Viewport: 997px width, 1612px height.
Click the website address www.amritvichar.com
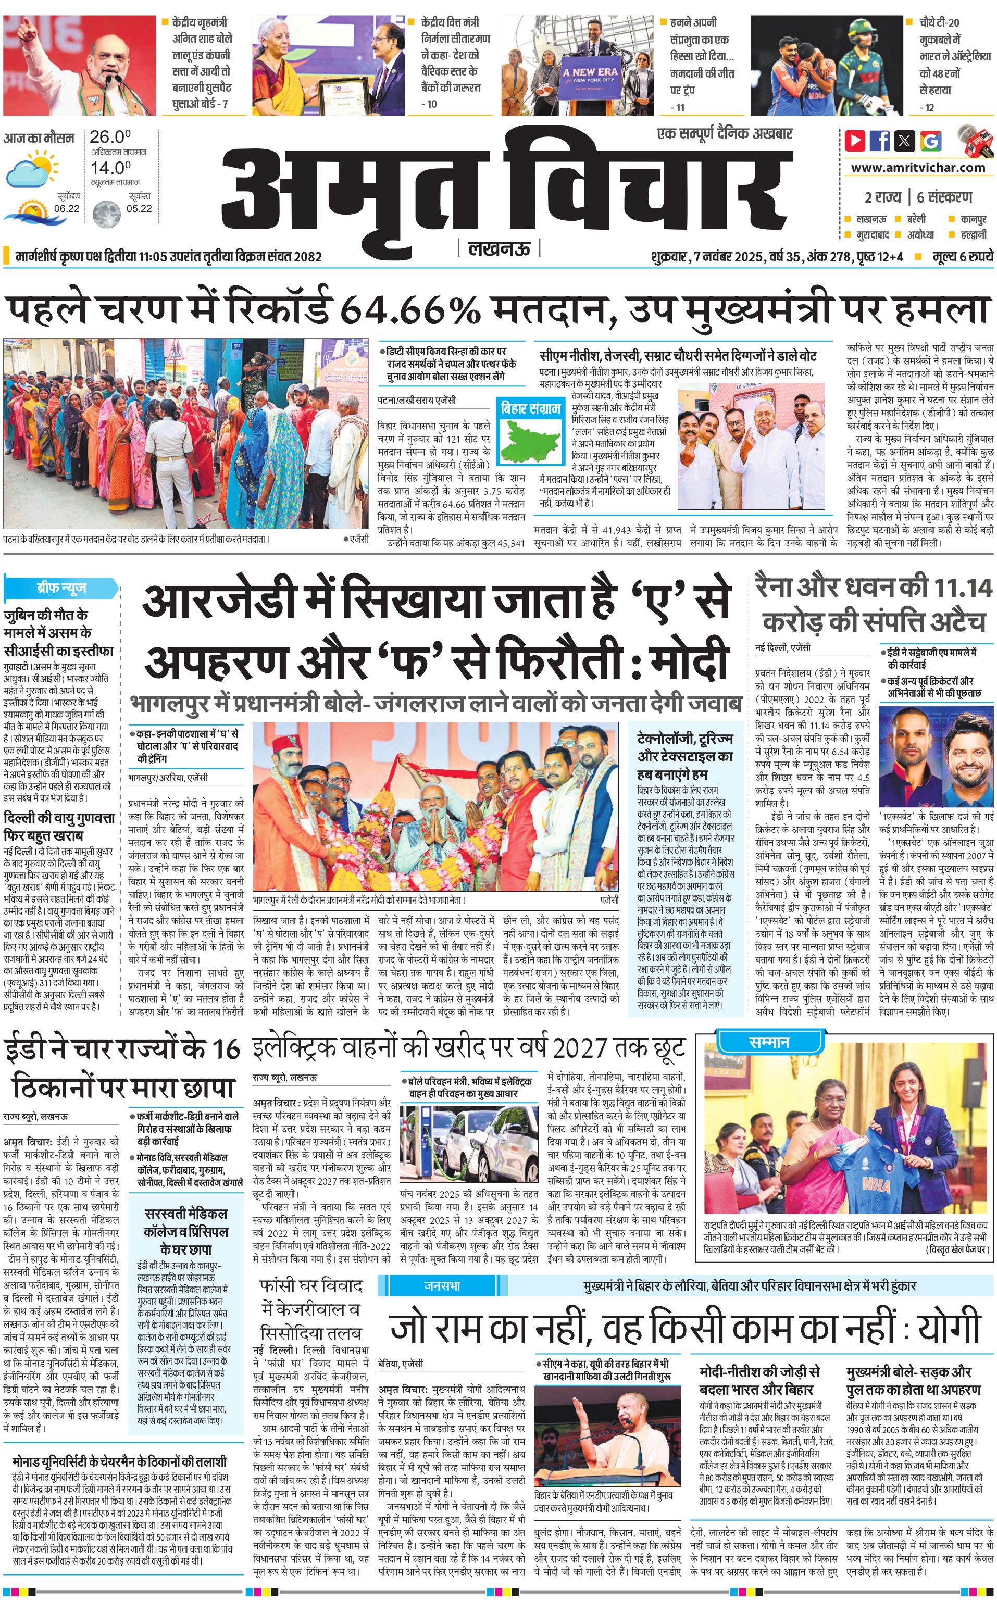point(918,168)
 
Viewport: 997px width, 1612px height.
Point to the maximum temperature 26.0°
point(110,137)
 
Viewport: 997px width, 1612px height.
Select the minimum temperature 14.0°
point(110,168)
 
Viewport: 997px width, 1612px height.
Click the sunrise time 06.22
point(67,208)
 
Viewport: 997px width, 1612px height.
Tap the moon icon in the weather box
point(106,214)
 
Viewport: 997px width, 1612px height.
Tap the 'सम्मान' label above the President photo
point(769,1042)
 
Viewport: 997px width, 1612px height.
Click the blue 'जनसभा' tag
point(442,1285)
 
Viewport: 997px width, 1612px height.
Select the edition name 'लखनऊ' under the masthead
point(499,248)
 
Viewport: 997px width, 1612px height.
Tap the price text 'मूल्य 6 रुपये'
point(962,256)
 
